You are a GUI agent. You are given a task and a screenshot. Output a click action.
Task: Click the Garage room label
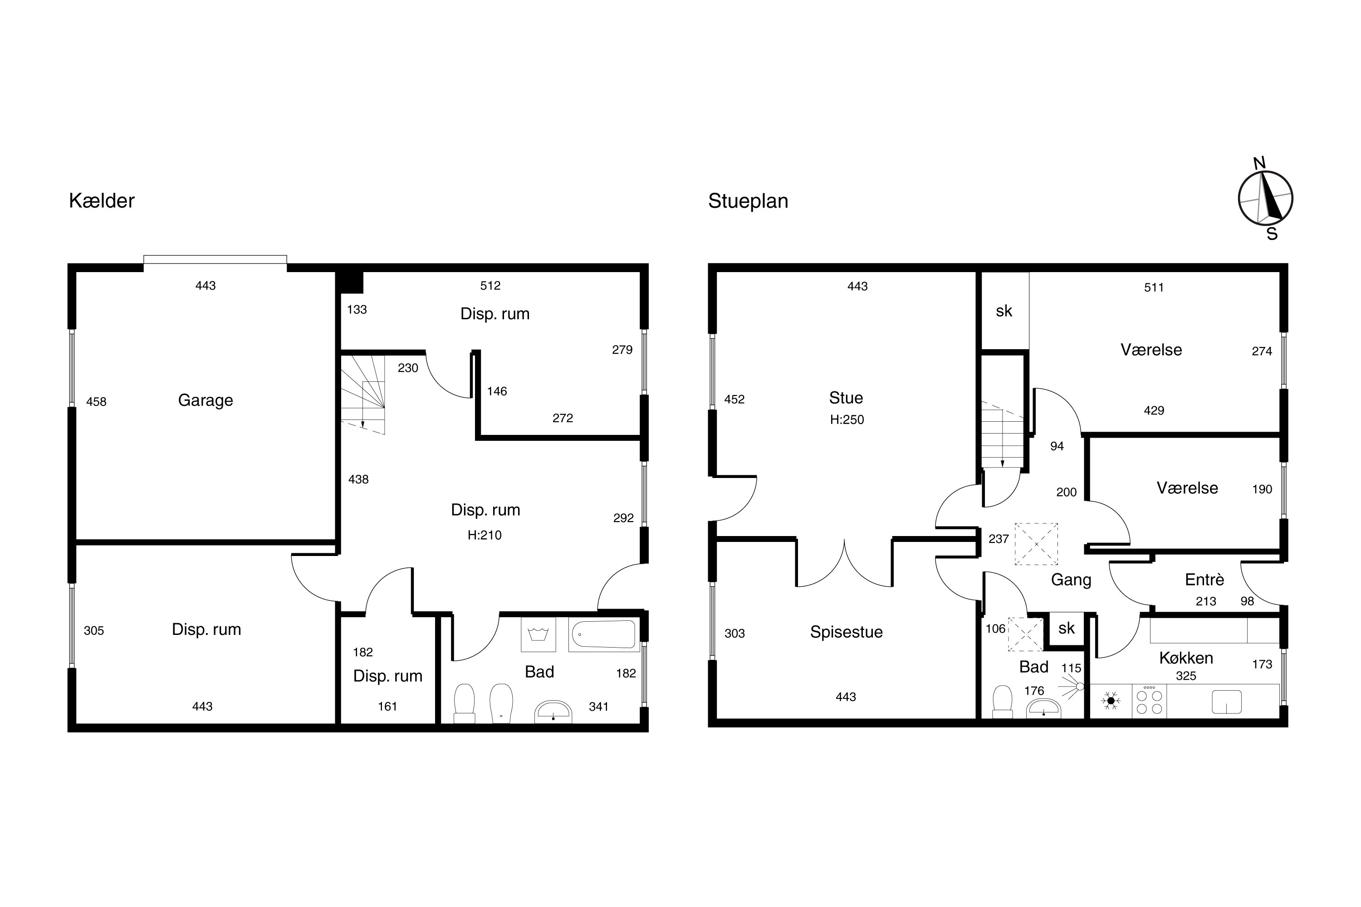click(x=206, y=400)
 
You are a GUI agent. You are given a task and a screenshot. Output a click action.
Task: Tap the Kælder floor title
click(x=102, y=201)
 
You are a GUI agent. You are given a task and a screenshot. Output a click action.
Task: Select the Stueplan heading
click(x=748, y=201)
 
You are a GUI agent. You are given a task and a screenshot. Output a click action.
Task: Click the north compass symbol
click(x=1266, y=199)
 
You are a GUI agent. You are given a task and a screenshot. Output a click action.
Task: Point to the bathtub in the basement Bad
click(x=603, y=634)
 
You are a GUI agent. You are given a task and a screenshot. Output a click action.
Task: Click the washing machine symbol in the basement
click(x=538, y=634)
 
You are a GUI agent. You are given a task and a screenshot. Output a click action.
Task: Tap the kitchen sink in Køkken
click(x=1227, y=702)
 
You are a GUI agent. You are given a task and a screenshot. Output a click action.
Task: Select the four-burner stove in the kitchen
click(x=1149, y=701)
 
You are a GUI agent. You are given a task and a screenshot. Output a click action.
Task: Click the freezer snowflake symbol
click(x=1111, y=701)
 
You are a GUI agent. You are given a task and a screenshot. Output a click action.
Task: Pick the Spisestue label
click(x=846, y=632)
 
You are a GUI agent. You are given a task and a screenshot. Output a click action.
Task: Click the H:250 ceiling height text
click(x=847, y=420)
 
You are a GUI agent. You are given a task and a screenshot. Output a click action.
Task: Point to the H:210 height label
click(x=485, y=536)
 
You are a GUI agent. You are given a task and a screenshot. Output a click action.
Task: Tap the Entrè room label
click(x=1204, y=580)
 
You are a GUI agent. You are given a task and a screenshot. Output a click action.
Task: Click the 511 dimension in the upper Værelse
click(x=1154, y=288)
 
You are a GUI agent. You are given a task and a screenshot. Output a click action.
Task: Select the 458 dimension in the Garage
click(x=96, y=402)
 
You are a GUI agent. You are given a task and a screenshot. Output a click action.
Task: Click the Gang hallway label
click(x=1071, y=580)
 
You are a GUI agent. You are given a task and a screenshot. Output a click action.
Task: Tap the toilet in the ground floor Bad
click(x=1002, y=702)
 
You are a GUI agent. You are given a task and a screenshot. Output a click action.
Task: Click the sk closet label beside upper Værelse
click(x=1004, y=311)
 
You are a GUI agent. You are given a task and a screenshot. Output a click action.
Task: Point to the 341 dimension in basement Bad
click(x=598, y=706)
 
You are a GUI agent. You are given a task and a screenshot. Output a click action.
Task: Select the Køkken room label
click(x=1186, y=658)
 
